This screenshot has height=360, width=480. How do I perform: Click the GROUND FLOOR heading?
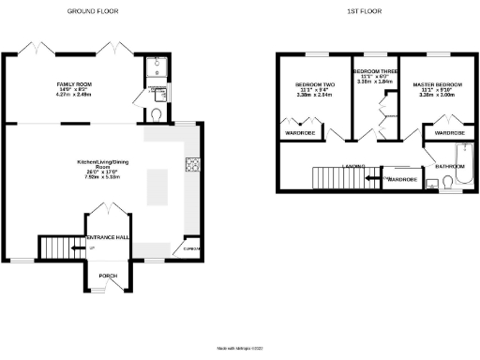click(x=91, y=10)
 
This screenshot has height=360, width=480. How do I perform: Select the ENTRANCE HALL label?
click(x=108, y=238)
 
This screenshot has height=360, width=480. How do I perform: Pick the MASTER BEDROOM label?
click(x=439, y=85)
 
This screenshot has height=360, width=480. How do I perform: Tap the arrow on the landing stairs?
click(x=371, y=177)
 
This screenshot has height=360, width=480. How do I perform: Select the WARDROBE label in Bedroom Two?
click(x=298, y=133)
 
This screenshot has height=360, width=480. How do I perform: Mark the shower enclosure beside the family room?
click(x=156, y=68)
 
